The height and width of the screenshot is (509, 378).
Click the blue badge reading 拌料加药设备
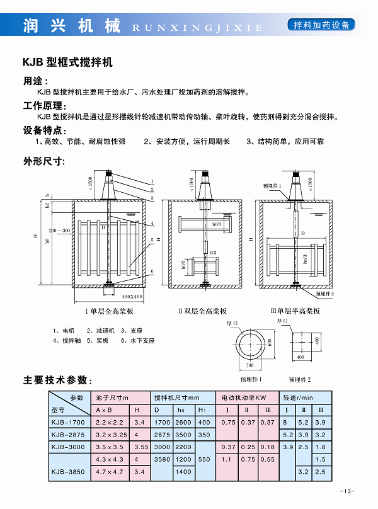point(321,25)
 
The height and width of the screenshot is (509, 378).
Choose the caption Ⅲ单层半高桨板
point(295,311)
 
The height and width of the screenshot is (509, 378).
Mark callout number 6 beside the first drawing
point(152,271)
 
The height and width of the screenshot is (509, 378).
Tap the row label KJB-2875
point(67,435)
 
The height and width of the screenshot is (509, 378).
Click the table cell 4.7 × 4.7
point(110,471)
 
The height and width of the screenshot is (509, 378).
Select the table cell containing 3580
point(163,459)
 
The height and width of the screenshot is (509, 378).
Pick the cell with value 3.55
point(140,447)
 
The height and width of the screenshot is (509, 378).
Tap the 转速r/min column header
point(299,398)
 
